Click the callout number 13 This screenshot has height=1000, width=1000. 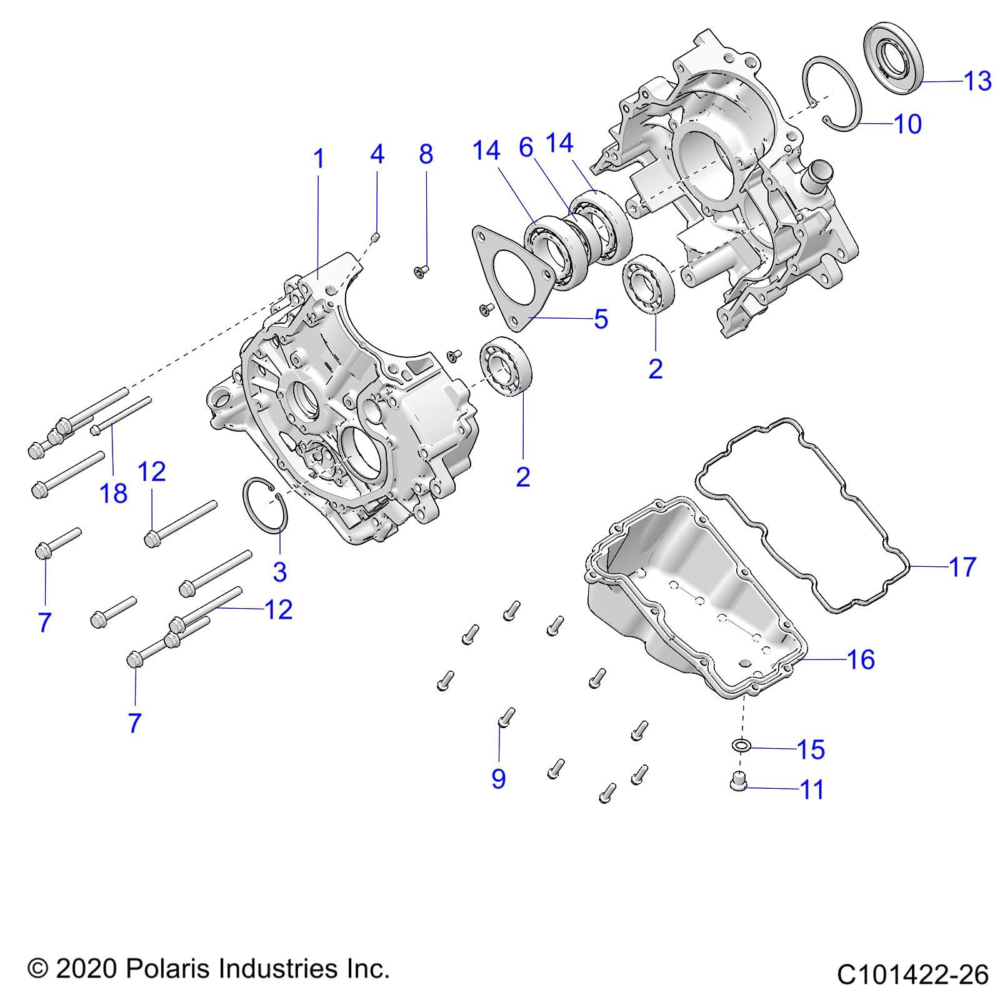[977, 81]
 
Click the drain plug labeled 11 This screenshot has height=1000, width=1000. [739, 781]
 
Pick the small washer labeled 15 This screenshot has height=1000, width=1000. [741, 746]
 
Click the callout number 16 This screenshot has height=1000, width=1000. [861, 659]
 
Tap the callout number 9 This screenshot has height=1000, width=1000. [498, 779]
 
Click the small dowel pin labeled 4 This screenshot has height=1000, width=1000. [376, 237]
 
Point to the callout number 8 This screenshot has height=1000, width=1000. [426, 154]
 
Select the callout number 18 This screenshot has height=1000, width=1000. [113, 494]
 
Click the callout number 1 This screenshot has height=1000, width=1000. [319, 159]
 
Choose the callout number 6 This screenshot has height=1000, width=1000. [526, 148]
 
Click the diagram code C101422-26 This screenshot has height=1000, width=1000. [912, 974]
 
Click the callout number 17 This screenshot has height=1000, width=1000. [962, 567]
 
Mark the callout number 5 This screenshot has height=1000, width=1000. [601, 319]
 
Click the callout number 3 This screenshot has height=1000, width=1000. [279, 571]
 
